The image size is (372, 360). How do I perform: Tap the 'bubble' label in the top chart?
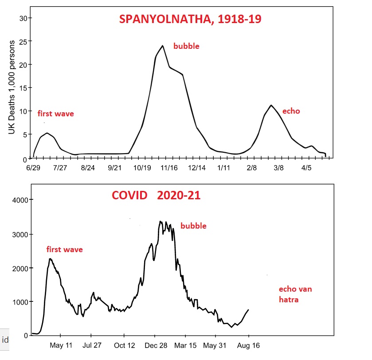(x=186, y=46)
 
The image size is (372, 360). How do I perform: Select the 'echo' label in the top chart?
(x=291, y=111)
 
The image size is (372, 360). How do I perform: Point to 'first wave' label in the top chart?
(x=55, y=114)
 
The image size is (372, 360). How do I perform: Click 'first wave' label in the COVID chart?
(x=64, y=249)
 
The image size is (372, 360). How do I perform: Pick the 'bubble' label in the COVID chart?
(x=193, y=226)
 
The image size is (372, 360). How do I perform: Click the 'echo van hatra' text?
(x=295, y=294)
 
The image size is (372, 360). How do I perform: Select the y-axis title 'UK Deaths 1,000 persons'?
(x=12, y=87)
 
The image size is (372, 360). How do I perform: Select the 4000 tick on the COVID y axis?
(x=20, y=200)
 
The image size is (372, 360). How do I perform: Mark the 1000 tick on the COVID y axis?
(x=20, y=302)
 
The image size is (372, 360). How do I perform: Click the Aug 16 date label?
(x=248, y=345)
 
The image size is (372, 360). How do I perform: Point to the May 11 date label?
(x=61, y=345)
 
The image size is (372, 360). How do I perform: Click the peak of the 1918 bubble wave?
(x=163, y=46)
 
